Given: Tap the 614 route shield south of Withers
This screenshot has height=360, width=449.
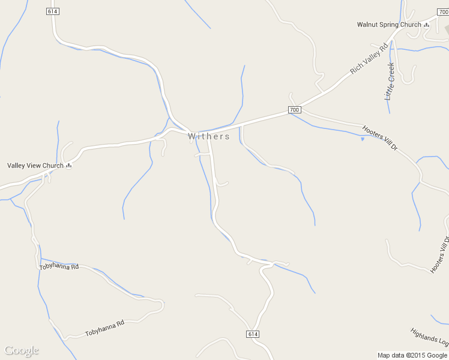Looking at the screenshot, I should click(253, 334).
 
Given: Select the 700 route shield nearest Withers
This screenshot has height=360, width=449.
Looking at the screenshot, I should click(294, 110).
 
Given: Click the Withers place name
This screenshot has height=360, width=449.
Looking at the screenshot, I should click(208, 136).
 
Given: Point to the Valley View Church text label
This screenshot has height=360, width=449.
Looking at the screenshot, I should click(35, 166).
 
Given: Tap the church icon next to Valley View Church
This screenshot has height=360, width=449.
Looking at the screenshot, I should click(68, 166).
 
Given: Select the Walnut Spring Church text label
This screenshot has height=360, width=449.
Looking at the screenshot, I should click(389, 25).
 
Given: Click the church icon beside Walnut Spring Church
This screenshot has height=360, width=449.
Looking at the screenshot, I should click(427, 25).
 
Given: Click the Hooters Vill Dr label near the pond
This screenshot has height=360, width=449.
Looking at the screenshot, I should click(380, 137).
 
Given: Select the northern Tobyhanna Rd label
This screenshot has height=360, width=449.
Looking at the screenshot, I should click(59, 266).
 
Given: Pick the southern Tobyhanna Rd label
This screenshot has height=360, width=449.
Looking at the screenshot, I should click(104, 328).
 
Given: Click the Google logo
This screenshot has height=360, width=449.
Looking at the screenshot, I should click(22, 350).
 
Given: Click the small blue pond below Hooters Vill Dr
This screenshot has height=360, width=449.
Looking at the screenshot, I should click(363, 139).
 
